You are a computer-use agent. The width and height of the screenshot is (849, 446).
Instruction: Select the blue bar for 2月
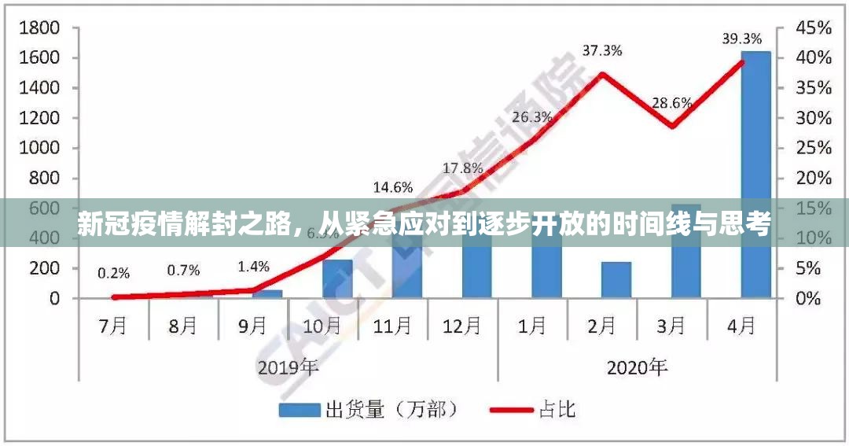pos(616,280)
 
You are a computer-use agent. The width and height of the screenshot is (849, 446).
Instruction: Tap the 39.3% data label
pos(742,39)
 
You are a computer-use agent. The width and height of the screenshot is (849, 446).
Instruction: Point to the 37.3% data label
pos(602,51)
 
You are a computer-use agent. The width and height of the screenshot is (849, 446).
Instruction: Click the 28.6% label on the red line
pos(672,102)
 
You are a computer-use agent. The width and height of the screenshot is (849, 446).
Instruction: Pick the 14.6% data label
pos(393,187)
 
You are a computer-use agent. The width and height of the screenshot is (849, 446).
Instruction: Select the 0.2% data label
pos(114,274)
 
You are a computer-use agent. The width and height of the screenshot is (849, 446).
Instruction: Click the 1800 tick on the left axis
pos(39,28)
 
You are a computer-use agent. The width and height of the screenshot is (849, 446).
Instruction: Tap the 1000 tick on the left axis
pos(39,148)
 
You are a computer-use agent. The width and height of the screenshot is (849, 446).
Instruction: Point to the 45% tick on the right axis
pos(814,28)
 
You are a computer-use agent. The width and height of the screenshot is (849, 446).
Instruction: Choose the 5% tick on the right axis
pos(810,268)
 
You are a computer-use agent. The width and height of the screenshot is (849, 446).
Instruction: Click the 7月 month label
pos(113,325)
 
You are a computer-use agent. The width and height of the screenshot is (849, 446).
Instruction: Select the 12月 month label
pos(462,325)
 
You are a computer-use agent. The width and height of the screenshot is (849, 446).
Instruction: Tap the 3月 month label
pos(672,325)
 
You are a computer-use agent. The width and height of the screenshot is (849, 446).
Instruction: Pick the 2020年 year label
pos(638,367)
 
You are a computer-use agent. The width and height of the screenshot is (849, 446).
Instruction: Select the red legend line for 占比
pos(511,410)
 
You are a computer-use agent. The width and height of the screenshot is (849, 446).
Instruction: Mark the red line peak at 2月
pos(602,74)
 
